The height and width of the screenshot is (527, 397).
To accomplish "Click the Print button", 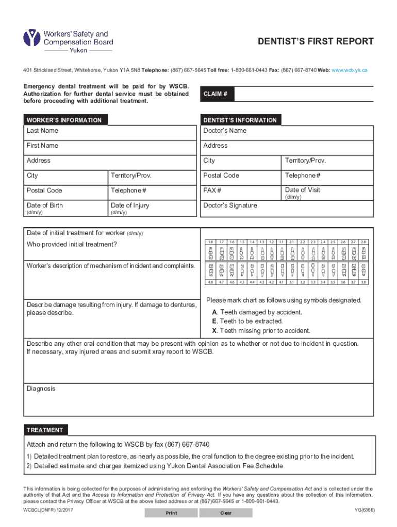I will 171,513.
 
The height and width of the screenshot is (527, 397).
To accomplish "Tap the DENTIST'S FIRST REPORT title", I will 316,42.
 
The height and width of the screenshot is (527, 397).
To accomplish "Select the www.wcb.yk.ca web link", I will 350,69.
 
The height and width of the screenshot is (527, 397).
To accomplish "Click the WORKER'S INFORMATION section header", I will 64,120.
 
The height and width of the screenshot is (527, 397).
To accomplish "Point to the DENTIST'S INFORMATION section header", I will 240,120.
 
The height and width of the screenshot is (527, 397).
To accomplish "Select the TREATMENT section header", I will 45,430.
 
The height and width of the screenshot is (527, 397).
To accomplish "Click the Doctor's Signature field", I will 287,209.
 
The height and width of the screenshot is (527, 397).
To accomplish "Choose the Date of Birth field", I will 65,209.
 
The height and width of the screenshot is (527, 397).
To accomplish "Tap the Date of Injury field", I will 152,209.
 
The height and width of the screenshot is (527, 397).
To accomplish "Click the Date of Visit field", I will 327,193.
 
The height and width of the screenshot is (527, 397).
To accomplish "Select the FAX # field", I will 241,193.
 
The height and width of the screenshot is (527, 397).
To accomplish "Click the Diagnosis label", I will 41,389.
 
